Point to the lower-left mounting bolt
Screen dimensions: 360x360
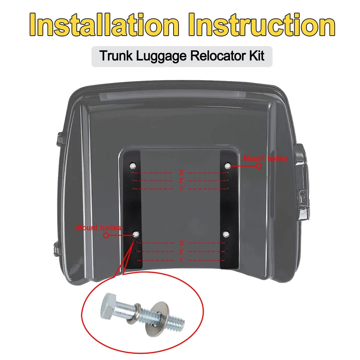click(136, 234)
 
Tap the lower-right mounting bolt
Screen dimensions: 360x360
click(226, 234)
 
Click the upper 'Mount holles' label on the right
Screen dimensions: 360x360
click(265, 158)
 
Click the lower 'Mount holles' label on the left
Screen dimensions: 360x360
click(98, 228)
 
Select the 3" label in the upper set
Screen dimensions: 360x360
click(182, 173)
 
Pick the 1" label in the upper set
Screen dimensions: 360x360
click(182, 189)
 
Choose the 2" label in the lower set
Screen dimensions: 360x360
click(182, 252)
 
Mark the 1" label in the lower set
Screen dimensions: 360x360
click(182, 260)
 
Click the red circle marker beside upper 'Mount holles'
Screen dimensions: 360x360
click(258, 166)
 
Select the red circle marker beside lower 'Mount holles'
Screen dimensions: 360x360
click(106, 235)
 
